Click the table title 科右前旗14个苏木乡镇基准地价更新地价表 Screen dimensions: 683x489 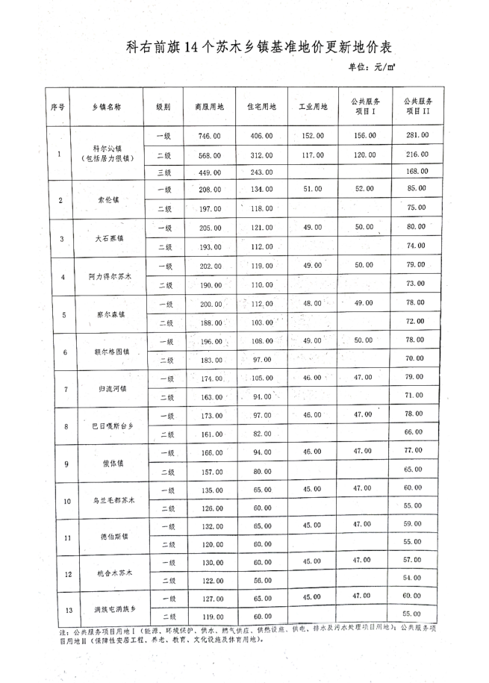click(259, 46)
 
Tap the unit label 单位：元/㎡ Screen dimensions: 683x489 click(370, 67)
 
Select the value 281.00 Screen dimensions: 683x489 click(417, 135)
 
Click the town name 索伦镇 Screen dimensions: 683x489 click(109, 200)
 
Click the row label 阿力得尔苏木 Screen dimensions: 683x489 click(109, 276)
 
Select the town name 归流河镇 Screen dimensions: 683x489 click(109, 389)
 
